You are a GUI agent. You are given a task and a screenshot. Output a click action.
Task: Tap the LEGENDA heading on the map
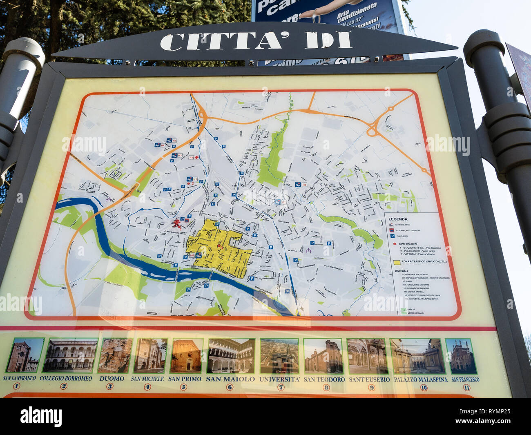click(397, 219)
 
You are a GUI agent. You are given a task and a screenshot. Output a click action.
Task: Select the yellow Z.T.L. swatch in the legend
click(396, 262)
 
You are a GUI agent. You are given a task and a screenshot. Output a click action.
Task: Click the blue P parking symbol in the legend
click(392, 236)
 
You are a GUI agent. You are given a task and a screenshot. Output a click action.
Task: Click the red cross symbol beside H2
click(196, 157)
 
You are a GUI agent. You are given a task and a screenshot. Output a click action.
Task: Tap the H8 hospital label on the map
click(304, 185)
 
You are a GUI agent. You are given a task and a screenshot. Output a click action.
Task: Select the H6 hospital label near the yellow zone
click(192, 255)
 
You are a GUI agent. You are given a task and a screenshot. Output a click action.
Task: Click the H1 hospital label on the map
click(195, 179)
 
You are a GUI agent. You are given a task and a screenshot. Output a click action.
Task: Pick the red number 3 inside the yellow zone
click(219, 246)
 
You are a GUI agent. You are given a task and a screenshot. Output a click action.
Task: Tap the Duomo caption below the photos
click(112, 379)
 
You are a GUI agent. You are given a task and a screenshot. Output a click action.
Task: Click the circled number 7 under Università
click(281, 387)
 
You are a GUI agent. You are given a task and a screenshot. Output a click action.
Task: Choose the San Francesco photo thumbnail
click(462, 356)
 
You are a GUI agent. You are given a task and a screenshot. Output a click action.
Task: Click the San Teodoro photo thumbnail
click(324, 356)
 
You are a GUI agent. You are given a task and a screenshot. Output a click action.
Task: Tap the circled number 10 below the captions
click(424, 388)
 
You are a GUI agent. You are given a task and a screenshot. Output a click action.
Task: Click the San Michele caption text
click(147, 379)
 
